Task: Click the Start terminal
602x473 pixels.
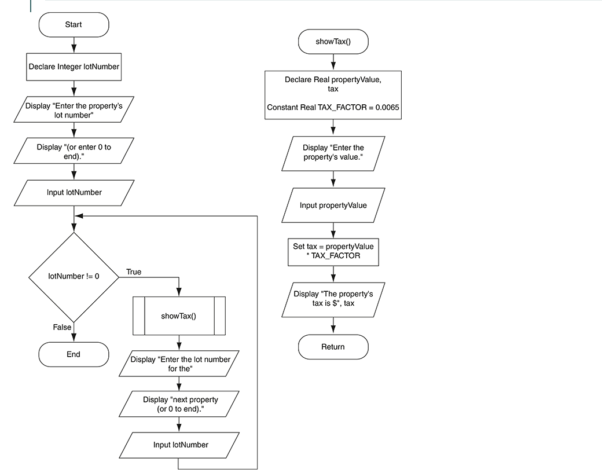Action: (x=74, y=25)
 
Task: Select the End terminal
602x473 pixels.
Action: (x=74, y=354)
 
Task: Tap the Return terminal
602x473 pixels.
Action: (x=333, y=347)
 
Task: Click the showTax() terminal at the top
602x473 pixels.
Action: (x=333, y=42)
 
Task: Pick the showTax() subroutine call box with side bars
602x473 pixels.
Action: (x=178, y=316)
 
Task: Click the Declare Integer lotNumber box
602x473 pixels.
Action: (x=74, y=67)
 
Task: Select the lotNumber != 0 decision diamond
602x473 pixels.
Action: (x=74, y=276)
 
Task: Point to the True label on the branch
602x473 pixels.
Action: (x=133, y=272)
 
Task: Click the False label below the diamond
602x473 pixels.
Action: (x=62, y=327)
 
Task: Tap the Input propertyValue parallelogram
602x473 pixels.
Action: (x=333, y=206)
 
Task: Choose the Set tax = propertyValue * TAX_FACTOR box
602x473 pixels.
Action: (x=333, y=251)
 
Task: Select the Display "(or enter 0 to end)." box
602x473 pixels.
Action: (x=74, y=152)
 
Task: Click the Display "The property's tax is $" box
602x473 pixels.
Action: (x=333, y=299)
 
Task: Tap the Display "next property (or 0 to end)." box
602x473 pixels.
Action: (x=178, y=404)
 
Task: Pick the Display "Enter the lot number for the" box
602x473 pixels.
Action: (x=179, y=364)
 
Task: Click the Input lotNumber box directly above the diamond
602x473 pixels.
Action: (x=74, y=193)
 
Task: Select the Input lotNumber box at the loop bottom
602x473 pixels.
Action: (x=179, y=445)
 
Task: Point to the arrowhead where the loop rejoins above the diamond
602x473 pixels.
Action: (x=79, y=216)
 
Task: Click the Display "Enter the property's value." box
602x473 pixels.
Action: (x=333, y=152)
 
